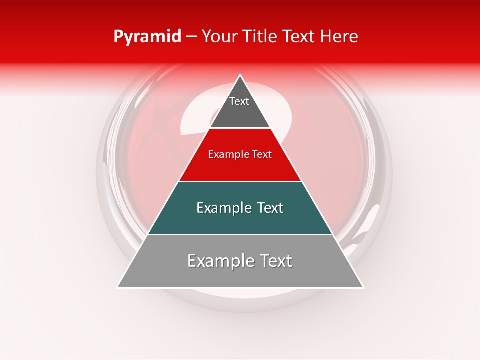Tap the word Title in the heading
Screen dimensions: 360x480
259,37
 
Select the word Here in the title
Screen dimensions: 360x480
339,37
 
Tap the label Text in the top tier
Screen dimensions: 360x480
239,101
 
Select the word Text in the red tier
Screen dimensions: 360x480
261,155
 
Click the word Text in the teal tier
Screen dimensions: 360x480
270,208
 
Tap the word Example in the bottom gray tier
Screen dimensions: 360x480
216,261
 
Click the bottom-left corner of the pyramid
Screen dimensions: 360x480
117,287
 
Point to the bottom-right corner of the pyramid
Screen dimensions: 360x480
363,287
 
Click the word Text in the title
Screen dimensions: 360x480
298,37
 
